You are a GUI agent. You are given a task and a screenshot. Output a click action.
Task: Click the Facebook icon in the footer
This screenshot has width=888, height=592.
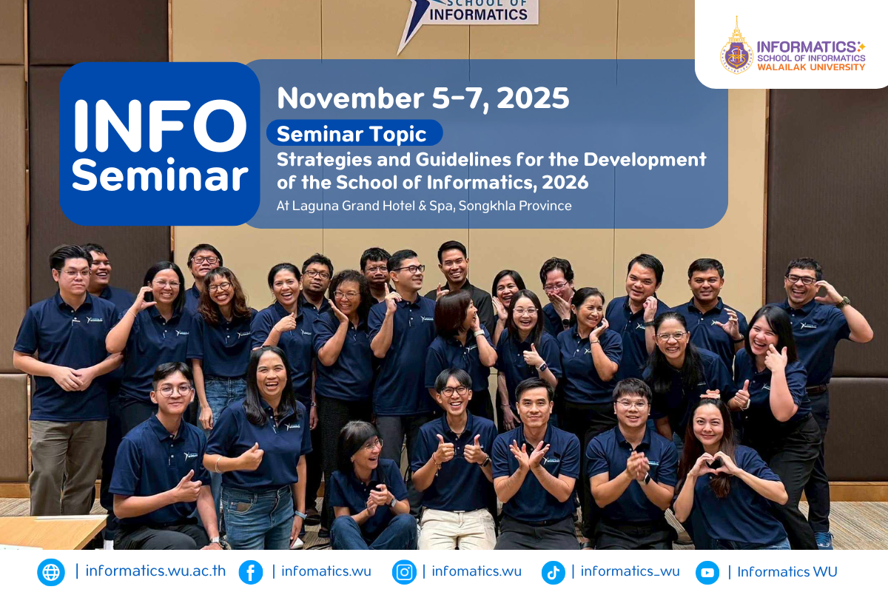pos(251,572)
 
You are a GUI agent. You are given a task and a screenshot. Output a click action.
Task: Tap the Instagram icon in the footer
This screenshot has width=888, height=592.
pos(404,572)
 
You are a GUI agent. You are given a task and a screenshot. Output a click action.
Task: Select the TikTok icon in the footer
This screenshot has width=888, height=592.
pos(553,572)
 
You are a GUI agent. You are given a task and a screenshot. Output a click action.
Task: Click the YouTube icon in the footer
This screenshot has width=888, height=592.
pos(707,572)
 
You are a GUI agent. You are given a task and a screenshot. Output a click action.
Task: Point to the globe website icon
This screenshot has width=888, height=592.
pos(51,572)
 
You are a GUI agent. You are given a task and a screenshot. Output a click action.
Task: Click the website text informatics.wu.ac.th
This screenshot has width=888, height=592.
pos(155,571)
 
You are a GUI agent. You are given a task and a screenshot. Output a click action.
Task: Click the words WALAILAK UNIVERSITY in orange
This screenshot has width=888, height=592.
pos(811,67)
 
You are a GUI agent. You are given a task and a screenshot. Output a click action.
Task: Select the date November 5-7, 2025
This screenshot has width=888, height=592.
pos(423,98)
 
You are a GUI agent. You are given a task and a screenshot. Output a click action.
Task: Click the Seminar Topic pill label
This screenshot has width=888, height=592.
pos(354,133)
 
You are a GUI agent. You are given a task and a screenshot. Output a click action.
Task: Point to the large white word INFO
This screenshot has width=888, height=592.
pos(160,126)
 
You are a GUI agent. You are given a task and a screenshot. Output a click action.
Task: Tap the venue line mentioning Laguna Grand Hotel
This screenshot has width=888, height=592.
pos(424,206)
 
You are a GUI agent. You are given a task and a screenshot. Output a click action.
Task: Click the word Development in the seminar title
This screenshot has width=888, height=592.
pos(645,160)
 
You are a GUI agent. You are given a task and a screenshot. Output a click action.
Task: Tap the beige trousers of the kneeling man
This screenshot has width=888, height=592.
pos(457,529)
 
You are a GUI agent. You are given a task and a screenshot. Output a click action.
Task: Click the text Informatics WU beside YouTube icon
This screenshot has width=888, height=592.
pos(787,572)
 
